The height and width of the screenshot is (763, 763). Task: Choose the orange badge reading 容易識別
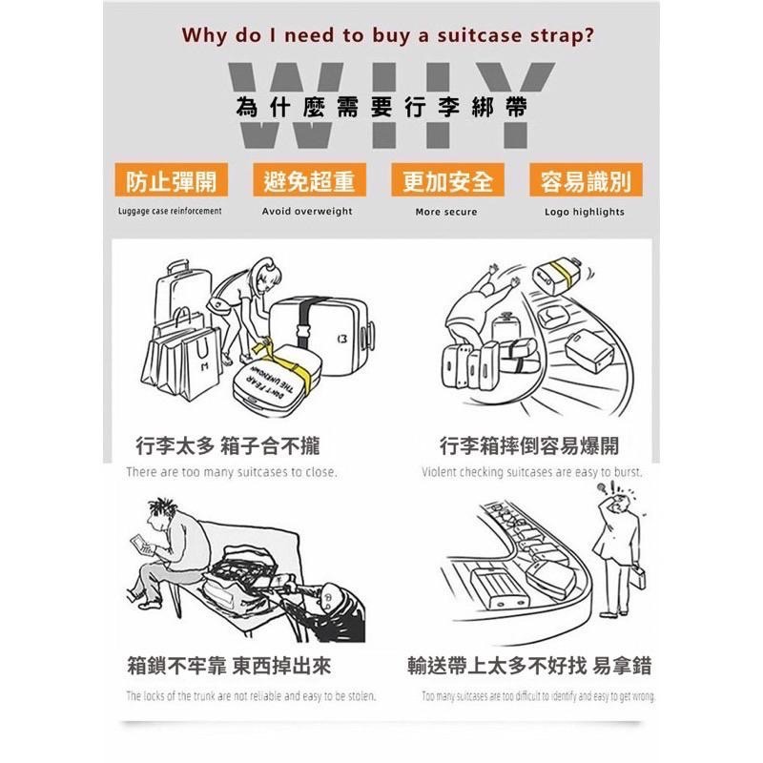pos(585,181)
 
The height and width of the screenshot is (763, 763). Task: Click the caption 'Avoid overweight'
pos(307,212)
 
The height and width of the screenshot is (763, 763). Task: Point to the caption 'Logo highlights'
pos(585,212)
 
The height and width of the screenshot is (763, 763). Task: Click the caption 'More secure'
pos(446,212)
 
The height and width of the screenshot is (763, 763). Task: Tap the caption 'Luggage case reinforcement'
pos(170,212)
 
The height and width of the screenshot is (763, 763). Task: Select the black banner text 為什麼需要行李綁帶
pos(381,107)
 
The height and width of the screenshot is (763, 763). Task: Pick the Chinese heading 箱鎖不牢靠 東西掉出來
pos(229,665)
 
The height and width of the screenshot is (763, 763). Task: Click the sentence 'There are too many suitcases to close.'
pos(232,472)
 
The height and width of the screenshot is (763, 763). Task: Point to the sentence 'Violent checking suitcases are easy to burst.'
pos(532,472)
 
